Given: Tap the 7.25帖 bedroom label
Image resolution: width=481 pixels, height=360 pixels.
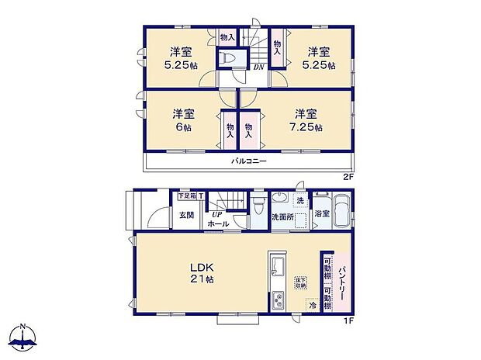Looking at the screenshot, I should pos(307,120).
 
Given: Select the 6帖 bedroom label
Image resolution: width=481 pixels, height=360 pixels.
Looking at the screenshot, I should pos(184,120).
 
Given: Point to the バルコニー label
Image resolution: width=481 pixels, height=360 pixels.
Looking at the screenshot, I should pos(249,162).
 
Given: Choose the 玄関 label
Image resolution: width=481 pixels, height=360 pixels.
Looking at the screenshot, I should pos(187,215).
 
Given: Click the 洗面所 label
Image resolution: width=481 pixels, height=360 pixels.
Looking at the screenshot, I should pos(282,217).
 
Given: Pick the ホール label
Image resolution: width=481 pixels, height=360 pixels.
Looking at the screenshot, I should pos(218,224).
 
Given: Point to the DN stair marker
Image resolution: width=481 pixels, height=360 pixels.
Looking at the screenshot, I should pos(258,67).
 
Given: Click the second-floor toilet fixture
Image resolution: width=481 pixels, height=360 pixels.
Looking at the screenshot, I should pos(230,57).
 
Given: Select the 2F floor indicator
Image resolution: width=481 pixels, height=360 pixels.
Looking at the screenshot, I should pos(348,177).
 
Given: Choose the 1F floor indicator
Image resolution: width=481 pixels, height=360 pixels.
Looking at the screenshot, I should pos(348,318).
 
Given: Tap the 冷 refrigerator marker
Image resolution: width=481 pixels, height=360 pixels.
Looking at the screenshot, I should pos(313,305).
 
